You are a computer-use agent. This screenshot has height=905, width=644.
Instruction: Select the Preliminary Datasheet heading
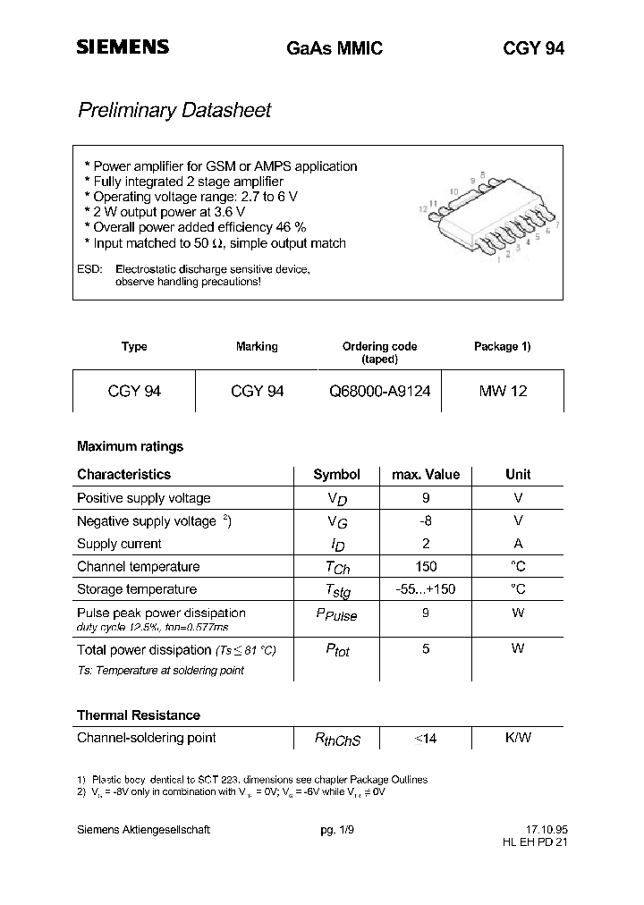pyautogui.click(x=174, y=111)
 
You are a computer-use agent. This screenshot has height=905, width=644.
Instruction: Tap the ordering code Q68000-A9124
pyautogui.click(x=380, y=391)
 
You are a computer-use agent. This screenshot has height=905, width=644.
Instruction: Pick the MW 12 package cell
pyautogui.click(x=503, y=391)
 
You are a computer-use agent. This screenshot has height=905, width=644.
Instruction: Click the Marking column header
pyautogui.click(x=257, y=347)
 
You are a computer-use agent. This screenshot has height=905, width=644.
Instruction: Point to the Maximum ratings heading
pyautogui.click(x=130, y=446)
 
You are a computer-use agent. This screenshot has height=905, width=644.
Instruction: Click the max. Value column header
pyautogui.click(x=426, y=475)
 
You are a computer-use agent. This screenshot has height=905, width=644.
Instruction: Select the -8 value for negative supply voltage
pyautogui.click(x=426, y=520)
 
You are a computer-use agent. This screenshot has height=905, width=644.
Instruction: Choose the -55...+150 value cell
pyautogui.click(x=426, y=589)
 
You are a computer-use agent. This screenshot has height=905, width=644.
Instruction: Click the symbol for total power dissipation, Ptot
pyautogui.click(x=336, y=651)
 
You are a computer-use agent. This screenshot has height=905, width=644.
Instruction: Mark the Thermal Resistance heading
pyautogui.click(x=139, y=715)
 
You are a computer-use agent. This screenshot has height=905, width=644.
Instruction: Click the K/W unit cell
pyautogui.click(x=518, y=738)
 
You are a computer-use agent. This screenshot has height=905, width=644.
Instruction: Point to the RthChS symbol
pyautogui.click(x=337, y=740)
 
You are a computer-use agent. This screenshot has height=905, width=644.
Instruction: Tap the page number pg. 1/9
pyautogui.click(x=337, y=830)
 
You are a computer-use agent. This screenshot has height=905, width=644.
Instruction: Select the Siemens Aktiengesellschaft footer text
pyautogui.click(x=143, y=830)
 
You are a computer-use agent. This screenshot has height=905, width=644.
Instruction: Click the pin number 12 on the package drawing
pyautogui.click(x=423, y=208)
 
